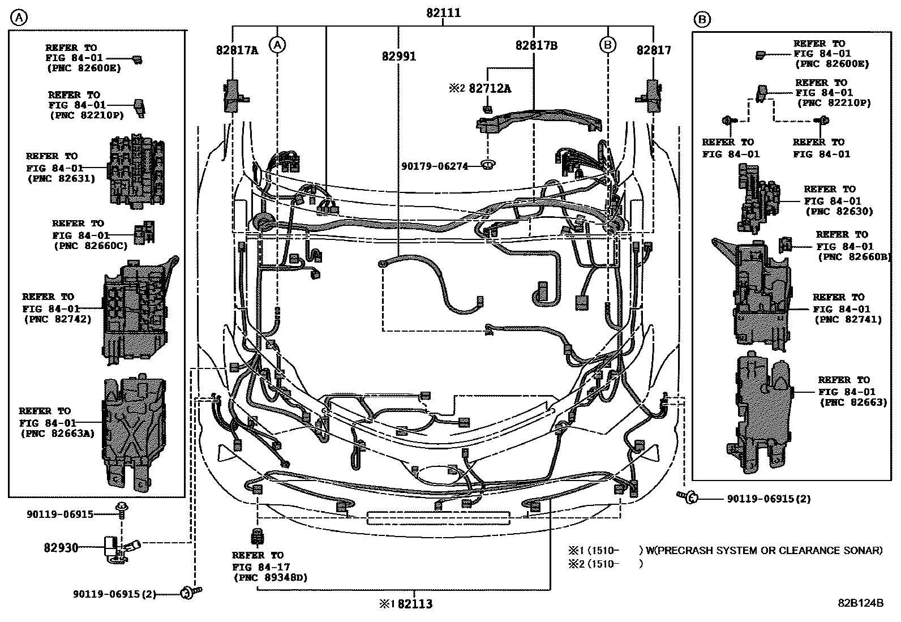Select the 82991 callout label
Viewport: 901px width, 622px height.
(x=398, y=56)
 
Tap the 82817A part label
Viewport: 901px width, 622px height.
(x=237, y=50)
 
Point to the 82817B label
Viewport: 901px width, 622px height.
(x=536, y=46)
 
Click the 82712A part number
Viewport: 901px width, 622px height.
(x=490, y=88)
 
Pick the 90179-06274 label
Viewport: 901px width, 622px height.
(x=435, y=166)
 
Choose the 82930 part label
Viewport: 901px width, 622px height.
(x=61, y=548)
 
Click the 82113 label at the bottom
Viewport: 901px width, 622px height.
(x=415, y=604)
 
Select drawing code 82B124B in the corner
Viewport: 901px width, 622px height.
(x=860, y=603)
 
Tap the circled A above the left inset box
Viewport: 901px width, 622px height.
(x=19, y=18)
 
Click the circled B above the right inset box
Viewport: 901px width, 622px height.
(x=702, y=20)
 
